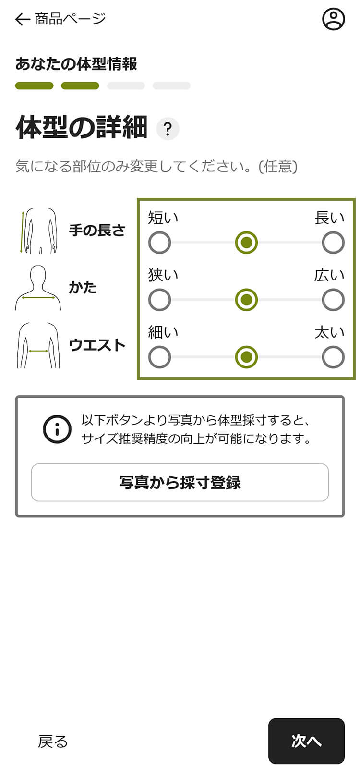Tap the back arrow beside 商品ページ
(x=22, y=19)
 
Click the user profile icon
(x=333, y=19)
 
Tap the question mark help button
(x=168, y=129)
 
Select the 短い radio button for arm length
(x=160, y=243)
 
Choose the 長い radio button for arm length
(x=333, y=243)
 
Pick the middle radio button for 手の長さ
(x=246, y=243)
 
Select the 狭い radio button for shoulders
(x=160, y=300)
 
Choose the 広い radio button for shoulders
(x=333, y=300)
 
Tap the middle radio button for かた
(x=246, y=300)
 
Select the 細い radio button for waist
(x=160, y=357)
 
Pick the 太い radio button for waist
(x=333, y=357)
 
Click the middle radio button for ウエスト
(x=246, y=357)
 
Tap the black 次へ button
(x=306, y=741)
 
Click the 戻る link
(x=53, y=742)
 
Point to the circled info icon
(x=57, y=429)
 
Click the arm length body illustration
(x=38, y=231)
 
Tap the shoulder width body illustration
(x=38, y=288)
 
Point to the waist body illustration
(x=38, y=345)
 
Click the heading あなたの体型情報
(x=76, y=64)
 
